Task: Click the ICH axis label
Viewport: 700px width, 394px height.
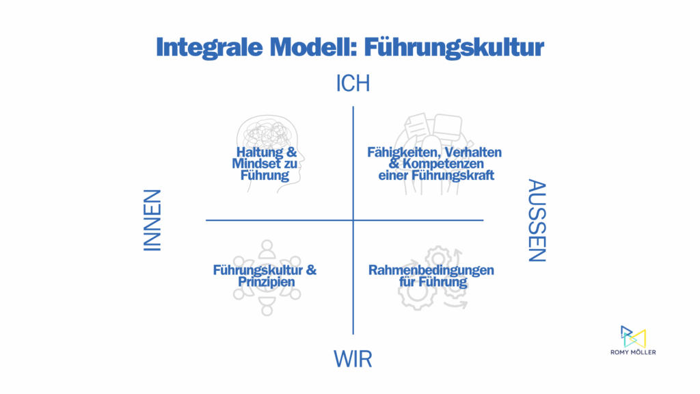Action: click(x=353, y=83)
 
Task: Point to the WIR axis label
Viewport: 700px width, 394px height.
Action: click(x=353, y=358)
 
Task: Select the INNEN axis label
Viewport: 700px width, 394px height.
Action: click(x=152, y=220)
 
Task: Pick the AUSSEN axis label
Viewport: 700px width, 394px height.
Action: click(x=537, y=220)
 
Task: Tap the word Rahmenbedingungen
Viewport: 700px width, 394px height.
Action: click(x=431, y=270)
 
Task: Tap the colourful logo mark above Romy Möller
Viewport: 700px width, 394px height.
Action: click(x=633, y=337)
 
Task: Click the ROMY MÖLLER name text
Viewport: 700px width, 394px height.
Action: click(x=633, y=352)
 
